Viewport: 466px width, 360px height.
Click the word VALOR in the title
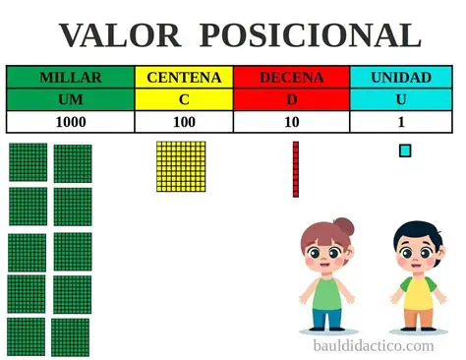(119, 35)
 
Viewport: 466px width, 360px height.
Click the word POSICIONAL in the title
(310, 35)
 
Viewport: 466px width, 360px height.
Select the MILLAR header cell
(70, 77)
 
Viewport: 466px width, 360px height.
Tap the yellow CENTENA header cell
(184, 77)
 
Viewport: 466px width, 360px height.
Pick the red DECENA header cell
(291, 77)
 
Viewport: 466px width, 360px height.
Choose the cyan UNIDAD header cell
(401, 77)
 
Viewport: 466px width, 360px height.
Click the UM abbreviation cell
(70, 99)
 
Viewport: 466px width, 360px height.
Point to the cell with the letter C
(184, 99)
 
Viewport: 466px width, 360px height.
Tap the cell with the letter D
(291, 99)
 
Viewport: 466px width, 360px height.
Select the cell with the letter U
(401, 99)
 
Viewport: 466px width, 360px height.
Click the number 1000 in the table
(70, 122)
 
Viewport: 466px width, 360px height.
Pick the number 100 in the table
(184, 122)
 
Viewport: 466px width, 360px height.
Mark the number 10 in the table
(291, 122)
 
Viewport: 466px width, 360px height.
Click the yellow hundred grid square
(181, 166)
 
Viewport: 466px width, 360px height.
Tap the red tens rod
(295, 169)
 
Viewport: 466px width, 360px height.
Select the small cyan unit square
(405, 150)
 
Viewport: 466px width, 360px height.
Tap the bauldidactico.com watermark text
(373, 345)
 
